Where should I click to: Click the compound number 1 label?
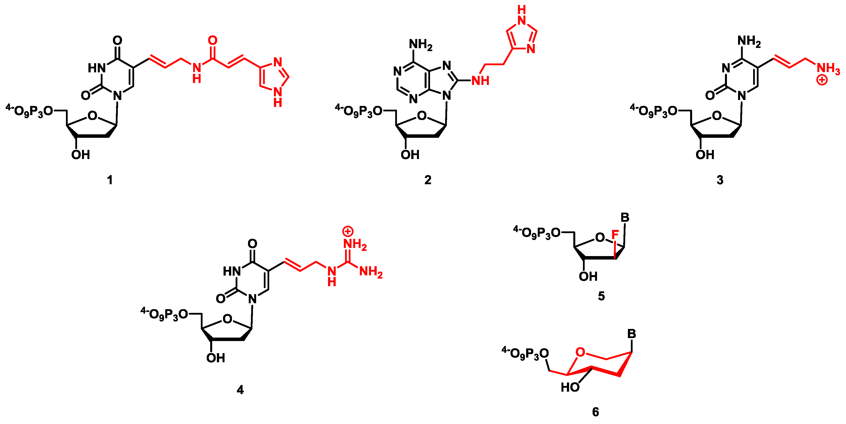110,180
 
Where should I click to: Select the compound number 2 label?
428,180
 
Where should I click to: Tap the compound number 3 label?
720,180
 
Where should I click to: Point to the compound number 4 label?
240,390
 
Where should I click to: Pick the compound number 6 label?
596,412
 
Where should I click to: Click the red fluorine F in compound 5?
615,235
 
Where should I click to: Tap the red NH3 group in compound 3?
828,68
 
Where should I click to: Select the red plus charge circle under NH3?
822,80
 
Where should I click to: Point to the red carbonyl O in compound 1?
212,40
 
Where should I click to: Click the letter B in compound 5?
625,217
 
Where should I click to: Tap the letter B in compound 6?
632,334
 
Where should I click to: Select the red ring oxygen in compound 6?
580,352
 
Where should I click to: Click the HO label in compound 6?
570,387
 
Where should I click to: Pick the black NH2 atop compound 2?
420,44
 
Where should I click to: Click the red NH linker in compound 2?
480,81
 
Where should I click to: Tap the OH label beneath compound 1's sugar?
81,155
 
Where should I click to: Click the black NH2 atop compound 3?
749,41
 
